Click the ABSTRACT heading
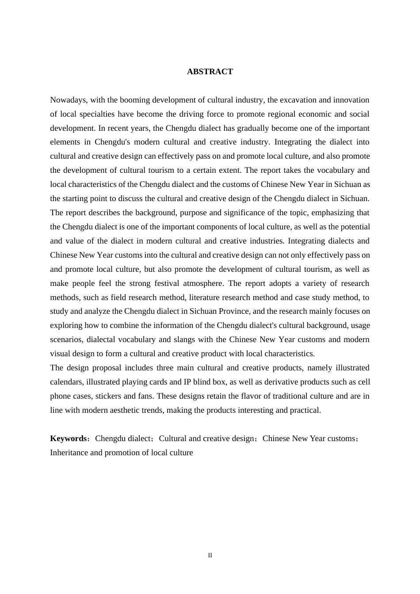pyautogui.click(x=210, y=72)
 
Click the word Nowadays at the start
pyautogui.click(x=68, y=100)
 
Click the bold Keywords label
pyautogui.click(x=69, y=438)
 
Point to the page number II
pyautogui.click(x=210, y=556)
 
